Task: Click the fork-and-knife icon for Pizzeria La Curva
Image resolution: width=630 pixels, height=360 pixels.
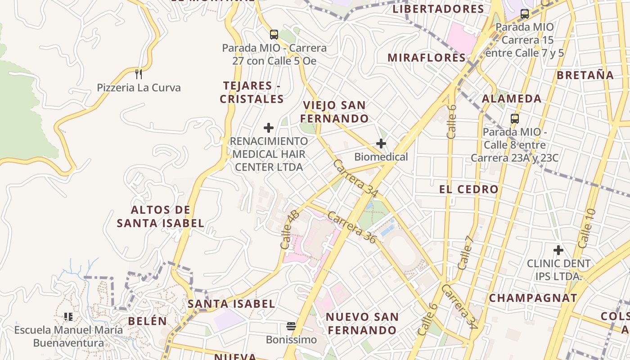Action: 139,74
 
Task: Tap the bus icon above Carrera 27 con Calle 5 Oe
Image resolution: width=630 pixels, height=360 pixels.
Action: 274,34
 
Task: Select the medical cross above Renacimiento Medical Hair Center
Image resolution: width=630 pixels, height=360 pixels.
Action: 269,128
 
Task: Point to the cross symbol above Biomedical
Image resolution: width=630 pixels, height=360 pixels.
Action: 381,144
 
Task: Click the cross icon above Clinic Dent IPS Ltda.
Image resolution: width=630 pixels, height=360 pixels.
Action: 558,250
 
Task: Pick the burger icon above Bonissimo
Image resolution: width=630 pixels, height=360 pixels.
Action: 291,326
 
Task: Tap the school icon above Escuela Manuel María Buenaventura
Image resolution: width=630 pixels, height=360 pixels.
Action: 68,317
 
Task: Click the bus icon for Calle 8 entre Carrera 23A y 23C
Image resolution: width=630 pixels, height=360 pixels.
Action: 515,119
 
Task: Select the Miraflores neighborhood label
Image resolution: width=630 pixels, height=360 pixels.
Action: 427,58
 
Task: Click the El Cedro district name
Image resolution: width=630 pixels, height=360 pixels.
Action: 469,189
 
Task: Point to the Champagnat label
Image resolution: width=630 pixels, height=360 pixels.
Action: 533,298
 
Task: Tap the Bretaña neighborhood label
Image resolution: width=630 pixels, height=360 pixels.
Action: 585,75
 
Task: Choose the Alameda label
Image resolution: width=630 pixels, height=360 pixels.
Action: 512,99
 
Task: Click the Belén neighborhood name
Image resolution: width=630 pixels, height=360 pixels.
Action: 147,321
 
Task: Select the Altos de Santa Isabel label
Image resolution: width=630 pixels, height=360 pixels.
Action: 161,216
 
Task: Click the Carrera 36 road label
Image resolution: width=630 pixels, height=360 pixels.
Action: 351,227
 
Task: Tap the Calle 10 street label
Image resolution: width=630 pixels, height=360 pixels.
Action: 586,229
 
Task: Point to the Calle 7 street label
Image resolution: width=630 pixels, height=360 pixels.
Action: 466,252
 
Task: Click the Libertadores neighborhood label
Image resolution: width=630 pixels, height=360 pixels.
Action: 438,9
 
